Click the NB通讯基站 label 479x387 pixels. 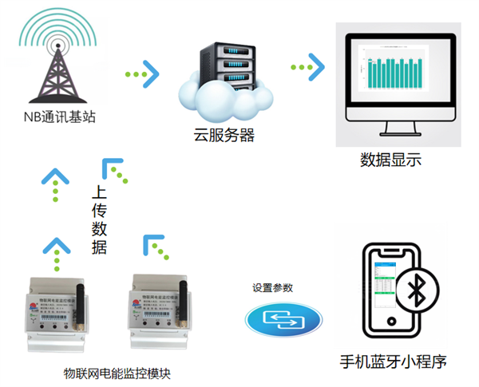59,118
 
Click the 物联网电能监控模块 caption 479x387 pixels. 117,373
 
